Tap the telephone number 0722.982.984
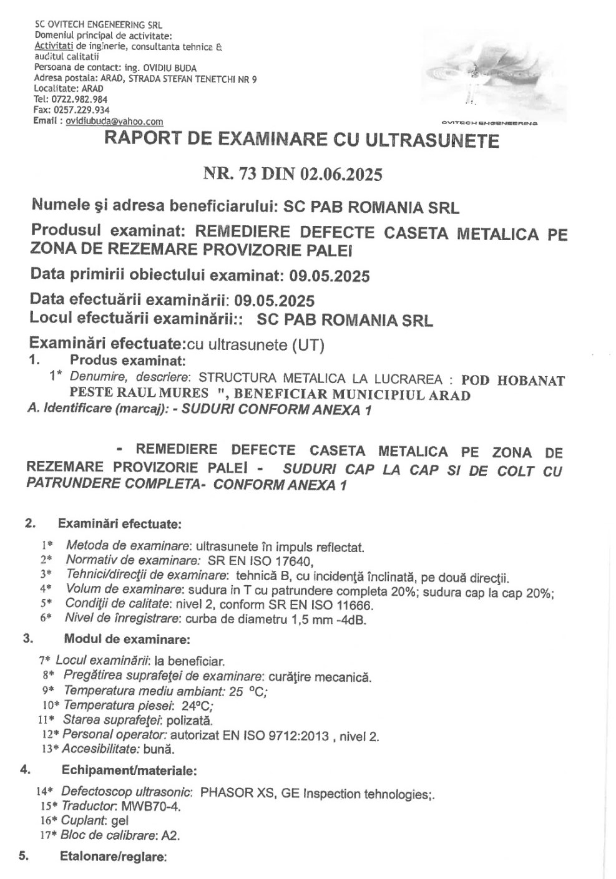(79, 99)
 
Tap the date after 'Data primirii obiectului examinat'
(328, 275)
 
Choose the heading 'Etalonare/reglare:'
(113, 857)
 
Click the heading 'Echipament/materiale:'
(129, 770)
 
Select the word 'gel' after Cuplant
(119, 822)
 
